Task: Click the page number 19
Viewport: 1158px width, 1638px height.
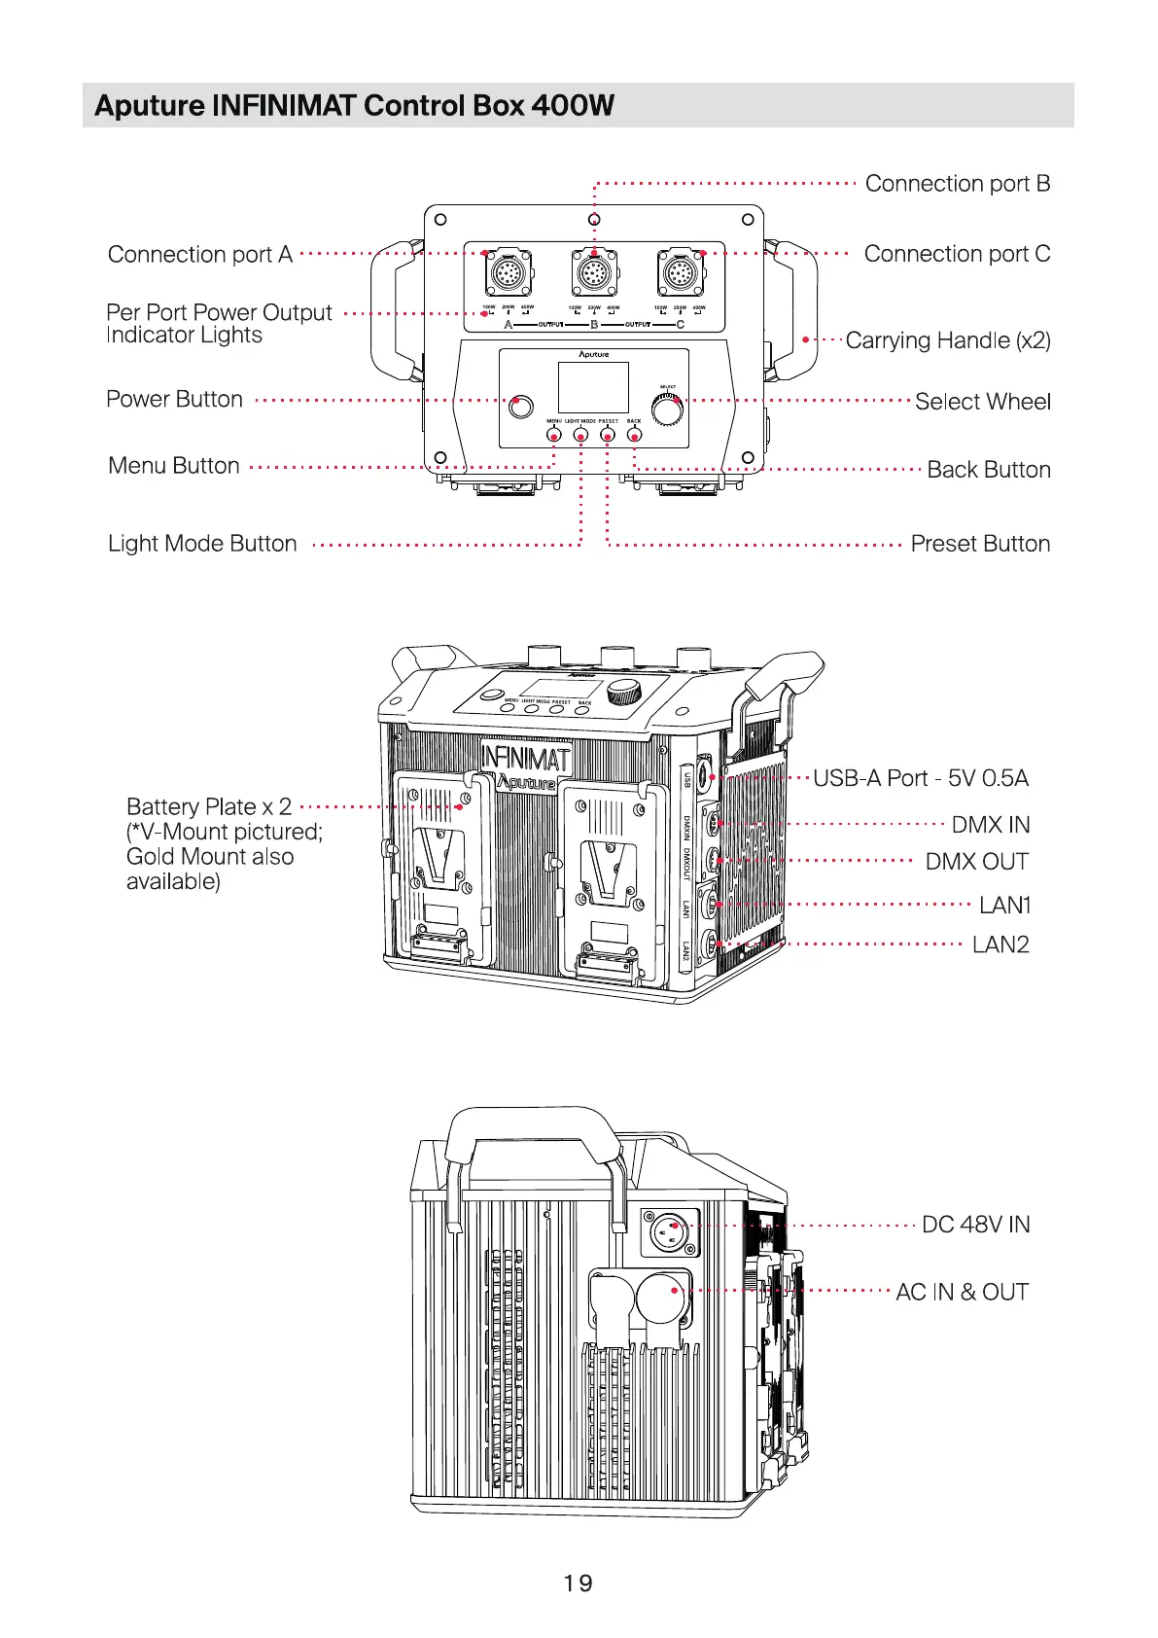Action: pyautogui.click(x=578, y=1583)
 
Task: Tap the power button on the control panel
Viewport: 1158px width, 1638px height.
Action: pyautogui.click(x=521, y=406)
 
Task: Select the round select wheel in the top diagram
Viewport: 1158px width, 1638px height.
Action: pyautogui.click(x=667, y=410)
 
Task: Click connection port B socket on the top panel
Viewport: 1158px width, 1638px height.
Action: pyautogui.click(x=592, y=273)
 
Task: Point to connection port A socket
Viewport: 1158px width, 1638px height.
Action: pyautogui.click(x=508, y=273)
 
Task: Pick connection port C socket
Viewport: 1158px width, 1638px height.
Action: pyautogui.click(x=680, y=273)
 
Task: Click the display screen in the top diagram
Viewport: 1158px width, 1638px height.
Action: pyautogui.click(x=593, y=387)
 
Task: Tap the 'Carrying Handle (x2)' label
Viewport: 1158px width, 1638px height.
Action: pyautogui.click(x=948, y=340)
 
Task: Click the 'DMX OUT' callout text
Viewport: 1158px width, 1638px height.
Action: pyautogui.click(x=976, y=862)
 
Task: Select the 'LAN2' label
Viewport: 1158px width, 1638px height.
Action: pyautogui.click(x=1000, y=944)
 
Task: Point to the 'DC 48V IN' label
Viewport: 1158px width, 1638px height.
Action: pyautogui.click(x=975, y=1225)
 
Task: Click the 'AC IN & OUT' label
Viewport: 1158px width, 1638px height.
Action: pyautogui.click(x=962, y=1292)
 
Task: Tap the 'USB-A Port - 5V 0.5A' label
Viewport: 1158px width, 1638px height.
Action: pyautogui.click(x=920, y=778)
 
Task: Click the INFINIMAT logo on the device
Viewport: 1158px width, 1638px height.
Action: pyautogui.click(x=525, y=756)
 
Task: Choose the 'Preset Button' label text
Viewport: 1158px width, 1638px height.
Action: pyautogui.click(x=980, y=544)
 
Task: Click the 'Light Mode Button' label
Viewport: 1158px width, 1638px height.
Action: pyautogui.click(x=202, y=544)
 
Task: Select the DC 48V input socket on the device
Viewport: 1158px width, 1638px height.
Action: pyautogui.click(x=670, y=1233)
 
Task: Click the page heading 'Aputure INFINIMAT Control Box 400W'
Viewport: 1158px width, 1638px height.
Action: pyautogui.click(x=354, y=105)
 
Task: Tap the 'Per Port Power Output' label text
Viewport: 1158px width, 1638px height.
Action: pyautogui.click(x=219, y=313)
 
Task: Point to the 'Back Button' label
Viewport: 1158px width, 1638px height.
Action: pyautogui.click(x=988, y=470)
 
